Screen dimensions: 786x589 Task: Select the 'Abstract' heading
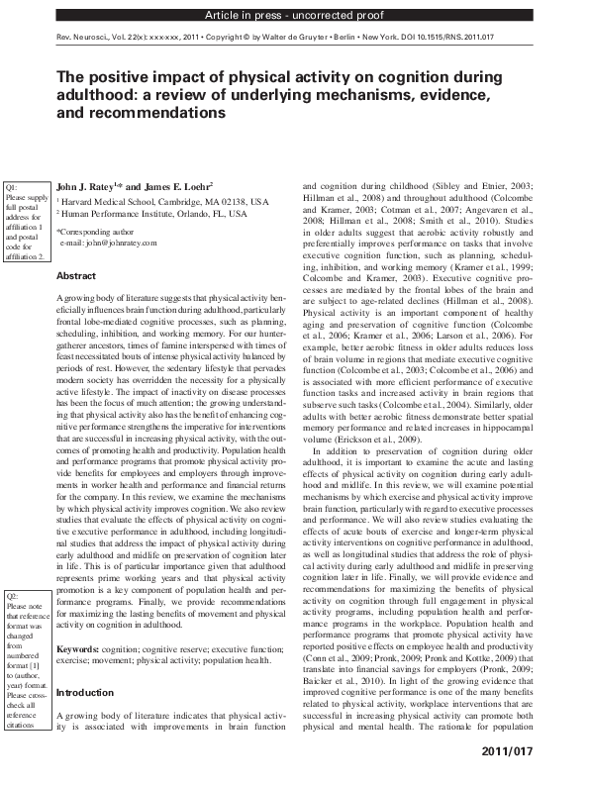tap(76, 276)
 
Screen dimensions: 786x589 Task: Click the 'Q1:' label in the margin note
tap(13, 187)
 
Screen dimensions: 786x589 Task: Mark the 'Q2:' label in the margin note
tap(13, 597)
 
